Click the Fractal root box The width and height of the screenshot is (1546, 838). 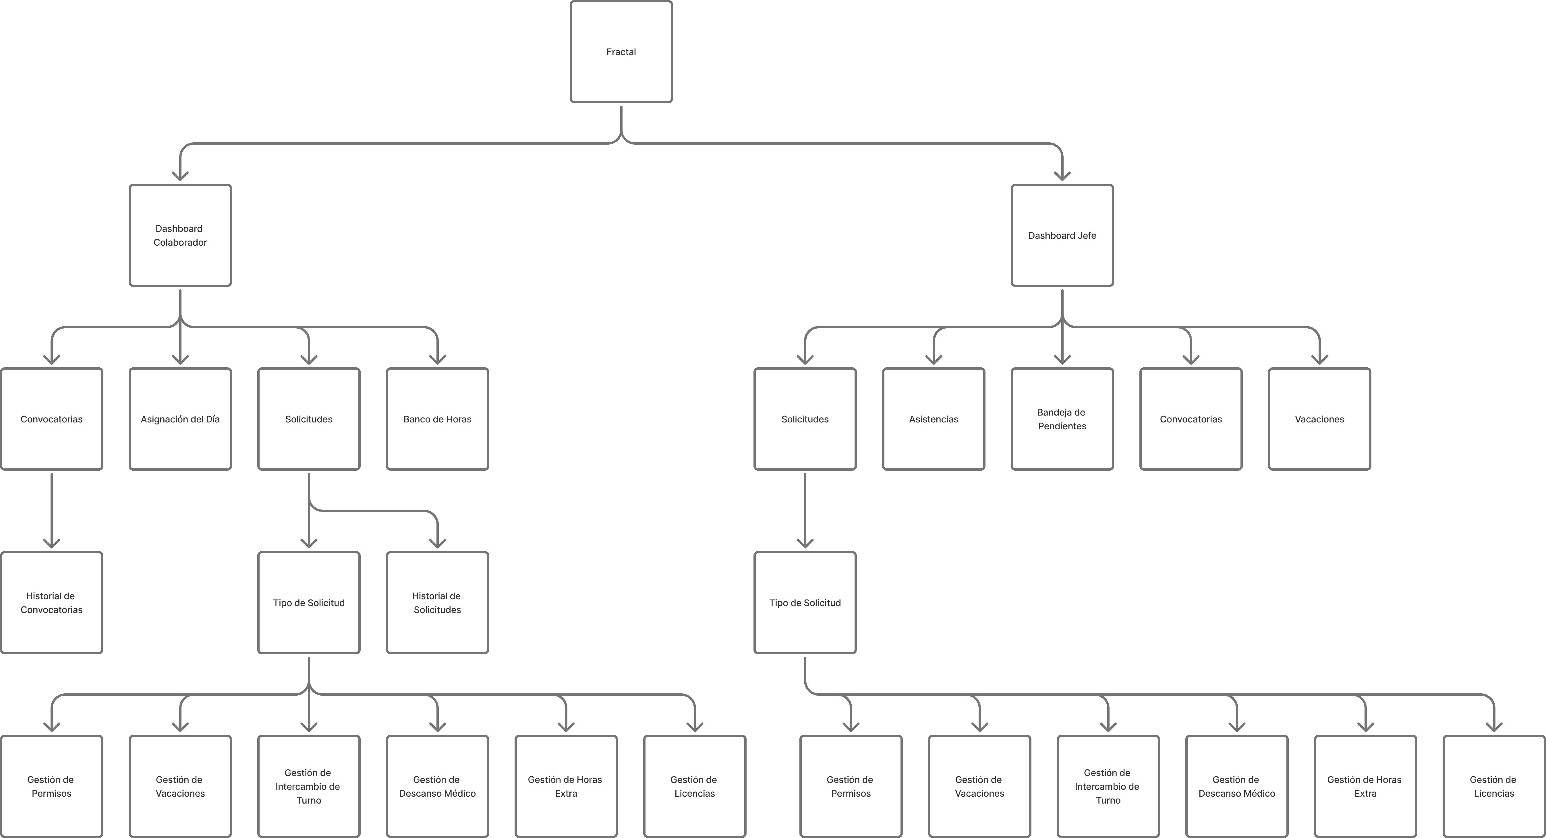(621, 52)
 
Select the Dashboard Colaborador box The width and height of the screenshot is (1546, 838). (180, 235)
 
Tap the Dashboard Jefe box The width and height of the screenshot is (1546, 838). (1062, 235)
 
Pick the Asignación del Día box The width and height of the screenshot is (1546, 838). (180, 419)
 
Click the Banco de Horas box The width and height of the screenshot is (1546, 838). (438, 419)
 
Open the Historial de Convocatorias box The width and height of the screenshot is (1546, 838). (52, 602)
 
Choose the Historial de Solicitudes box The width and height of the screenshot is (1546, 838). (438, 602)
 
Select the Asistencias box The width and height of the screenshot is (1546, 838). (934, 419)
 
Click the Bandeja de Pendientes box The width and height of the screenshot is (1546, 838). (1062, 419)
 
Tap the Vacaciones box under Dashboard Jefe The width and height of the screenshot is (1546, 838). (1320, 419)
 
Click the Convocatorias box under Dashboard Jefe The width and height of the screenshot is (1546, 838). (1191, 419)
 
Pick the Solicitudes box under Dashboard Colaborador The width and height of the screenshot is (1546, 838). (309, 419)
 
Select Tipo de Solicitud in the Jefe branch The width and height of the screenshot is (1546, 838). (805, 602)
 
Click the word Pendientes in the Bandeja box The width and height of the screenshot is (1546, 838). (1062, 426)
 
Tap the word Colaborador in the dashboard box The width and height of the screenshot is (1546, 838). (180, 242)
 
